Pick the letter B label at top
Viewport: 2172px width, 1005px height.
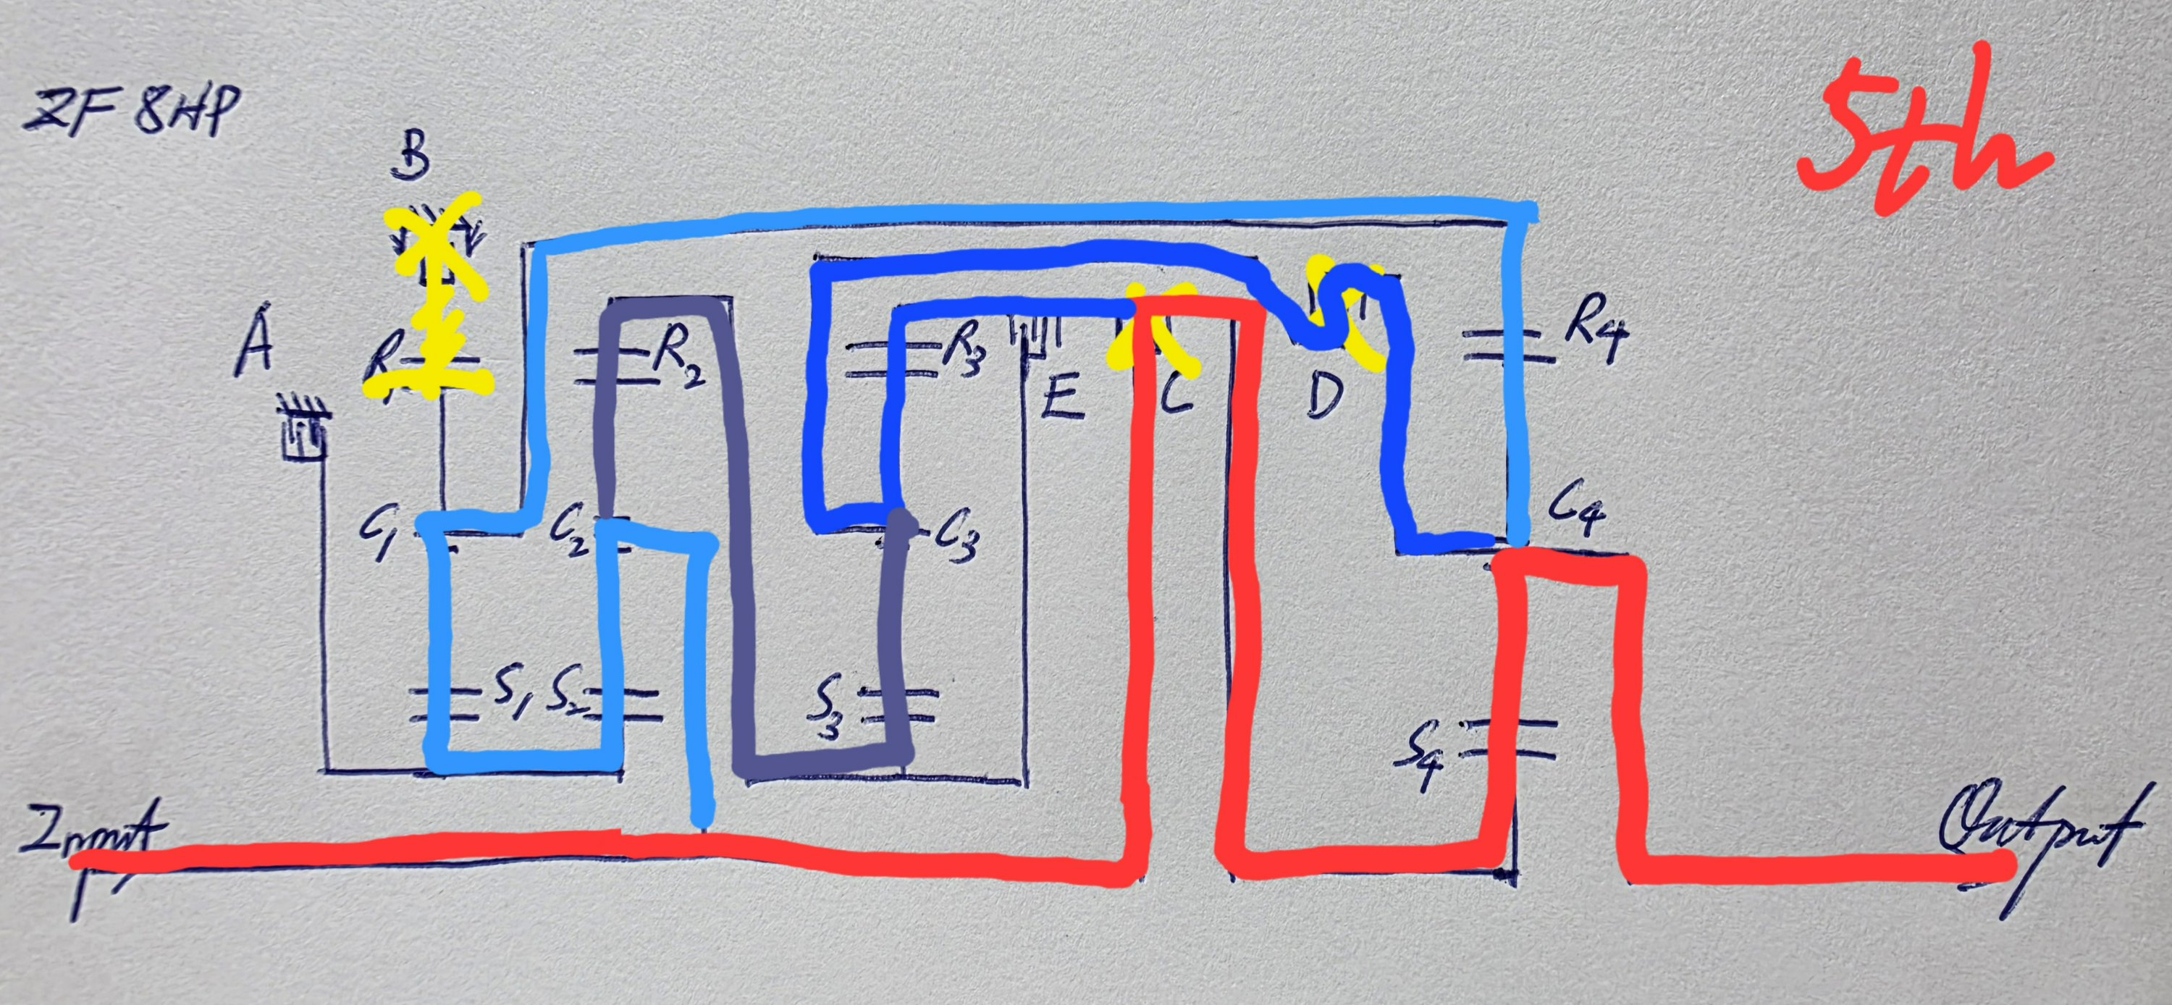click(x=411, y=156)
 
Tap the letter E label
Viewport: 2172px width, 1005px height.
click(x=1061, y=396)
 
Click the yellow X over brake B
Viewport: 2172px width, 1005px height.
click(x=434, y=245)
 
